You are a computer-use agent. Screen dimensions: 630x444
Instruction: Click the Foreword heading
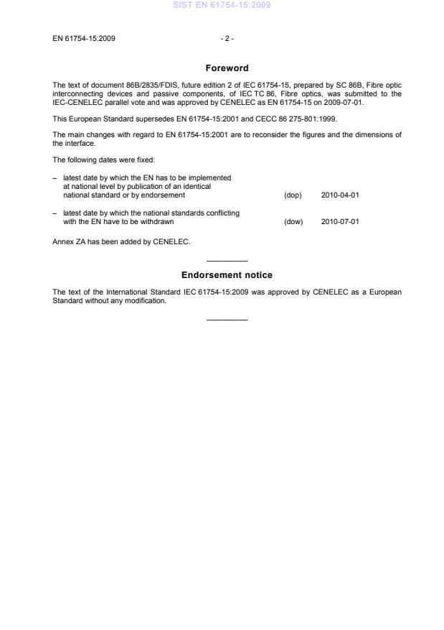click(x=227, y=68)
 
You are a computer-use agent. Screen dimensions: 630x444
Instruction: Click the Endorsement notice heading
click(x=227, y=275)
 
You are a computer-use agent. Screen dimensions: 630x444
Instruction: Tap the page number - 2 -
click(x=227, y=38)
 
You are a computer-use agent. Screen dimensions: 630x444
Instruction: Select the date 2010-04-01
click(x=340, y=195)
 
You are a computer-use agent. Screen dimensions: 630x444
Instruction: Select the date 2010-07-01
click(x=340, y=221)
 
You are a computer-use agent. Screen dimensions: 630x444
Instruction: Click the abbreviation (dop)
click(x=293, y=195)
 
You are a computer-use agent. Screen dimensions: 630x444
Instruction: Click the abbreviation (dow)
click(x=293, y=221)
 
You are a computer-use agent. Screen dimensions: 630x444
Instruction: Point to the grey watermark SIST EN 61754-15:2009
click(x=222, y=6)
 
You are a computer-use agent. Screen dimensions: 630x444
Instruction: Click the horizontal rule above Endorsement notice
click(x=227, y=260)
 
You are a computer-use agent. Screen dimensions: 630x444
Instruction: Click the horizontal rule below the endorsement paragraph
click(x=227, y=319)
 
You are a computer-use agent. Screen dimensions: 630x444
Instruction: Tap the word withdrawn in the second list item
click(x=159, y=221)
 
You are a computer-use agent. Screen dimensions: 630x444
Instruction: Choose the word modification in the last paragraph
click(x=147, y=301)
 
